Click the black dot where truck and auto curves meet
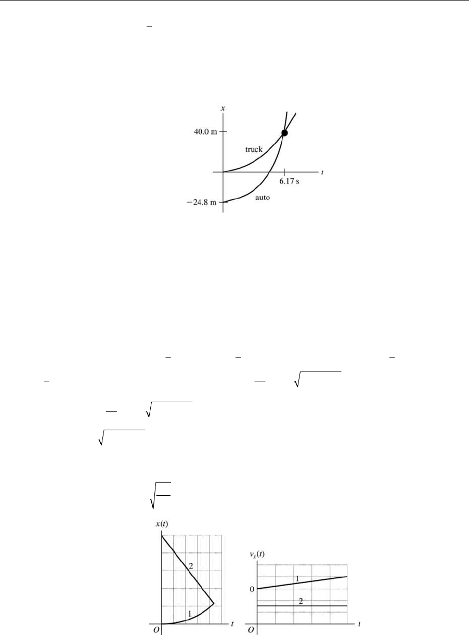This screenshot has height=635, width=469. point(284,133)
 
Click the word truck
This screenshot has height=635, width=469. point(254,149)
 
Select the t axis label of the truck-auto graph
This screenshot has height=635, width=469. point(322,171)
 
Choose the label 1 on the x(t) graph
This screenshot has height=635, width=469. point(190,614)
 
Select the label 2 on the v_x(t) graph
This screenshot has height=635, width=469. point(301,602)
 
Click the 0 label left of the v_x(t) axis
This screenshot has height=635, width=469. point(252,589)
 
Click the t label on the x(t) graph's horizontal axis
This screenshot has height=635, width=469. point(232,622)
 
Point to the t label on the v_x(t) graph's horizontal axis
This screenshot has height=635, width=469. point(359,622)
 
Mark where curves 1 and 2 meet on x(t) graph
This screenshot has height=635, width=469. point(214,604)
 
